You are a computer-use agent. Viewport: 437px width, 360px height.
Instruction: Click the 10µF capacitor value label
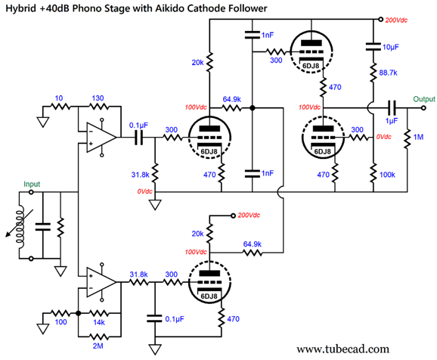click(390, 47)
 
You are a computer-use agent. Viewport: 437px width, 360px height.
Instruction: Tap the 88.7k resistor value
click(388, 73)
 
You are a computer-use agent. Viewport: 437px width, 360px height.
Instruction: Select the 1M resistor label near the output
click(418, 137)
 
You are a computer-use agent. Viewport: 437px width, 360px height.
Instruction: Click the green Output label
click(424, 99)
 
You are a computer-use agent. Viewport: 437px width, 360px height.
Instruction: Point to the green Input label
click(32, 184)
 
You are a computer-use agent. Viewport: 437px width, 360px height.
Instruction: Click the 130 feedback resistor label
click(98, 98)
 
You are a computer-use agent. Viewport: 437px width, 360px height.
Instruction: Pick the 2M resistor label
click(98, 346)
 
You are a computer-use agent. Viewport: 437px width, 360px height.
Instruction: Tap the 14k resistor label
click(99, 322)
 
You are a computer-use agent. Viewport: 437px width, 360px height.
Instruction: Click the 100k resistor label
click(387, 175)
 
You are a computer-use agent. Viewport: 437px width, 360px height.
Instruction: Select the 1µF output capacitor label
click(392, 121)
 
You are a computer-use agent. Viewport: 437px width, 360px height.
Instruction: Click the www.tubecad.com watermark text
click(342, 349)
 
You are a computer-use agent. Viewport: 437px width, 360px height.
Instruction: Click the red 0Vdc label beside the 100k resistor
click(384, 137)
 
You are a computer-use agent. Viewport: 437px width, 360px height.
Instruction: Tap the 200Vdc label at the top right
click(396, 20)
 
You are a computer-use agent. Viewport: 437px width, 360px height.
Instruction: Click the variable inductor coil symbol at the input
click(20, 225)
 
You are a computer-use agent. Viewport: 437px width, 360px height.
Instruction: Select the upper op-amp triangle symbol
click(101, 137)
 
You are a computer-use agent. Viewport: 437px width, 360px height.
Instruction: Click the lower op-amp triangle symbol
click(101, 282)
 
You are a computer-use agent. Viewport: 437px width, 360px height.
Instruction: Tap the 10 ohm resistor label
click(59, 98)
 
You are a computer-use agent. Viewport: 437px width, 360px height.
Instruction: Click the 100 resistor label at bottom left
click(60, 322)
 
